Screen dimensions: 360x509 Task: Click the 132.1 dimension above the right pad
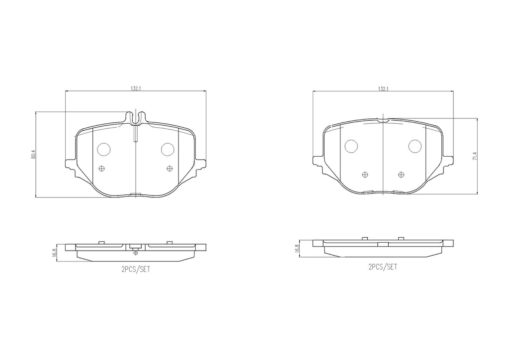[x=383, y=89]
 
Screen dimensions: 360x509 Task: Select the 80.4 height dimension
[x=33, y=155]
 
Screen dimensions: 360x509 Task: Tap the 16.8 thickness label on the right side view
[x=297, y=248]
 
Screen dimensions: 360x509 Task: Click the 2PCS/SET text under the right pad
[x=383, y=267]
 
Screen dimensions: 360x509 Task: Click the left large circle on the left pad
[x=104, y=149]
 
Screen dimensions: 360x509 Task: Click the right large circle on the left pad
[x=168, y=149]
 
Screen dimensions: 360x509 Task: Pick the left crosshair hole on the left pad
[x=102, y=169]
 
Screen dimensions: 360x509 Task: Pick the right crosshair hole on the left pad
[x=170, y=169]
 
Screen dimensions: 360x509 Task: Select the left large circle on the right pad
[x=351, y=146]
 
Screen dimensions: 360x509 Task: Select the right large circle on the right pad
[x=415, y=146]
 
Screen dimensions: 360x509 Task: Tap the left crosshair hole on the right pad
[x=365, y=174]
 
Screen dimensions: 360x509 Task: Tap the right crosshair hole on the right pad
[x=402, y=174]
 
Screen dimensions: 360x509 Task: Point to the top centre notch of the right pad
[x=383, y=120]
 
